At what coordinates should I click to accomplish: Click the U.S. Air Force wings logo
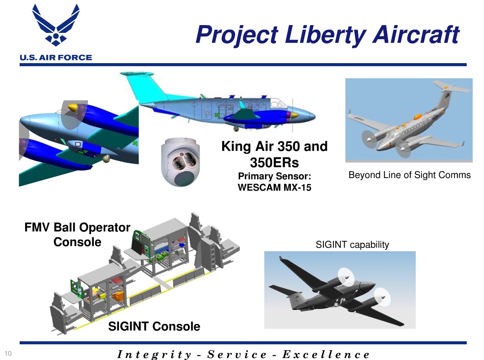point(56,25)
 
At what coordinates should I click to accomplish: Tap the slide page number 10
point(8,354)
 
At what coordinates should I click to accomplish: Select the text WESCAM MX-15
point(274,187)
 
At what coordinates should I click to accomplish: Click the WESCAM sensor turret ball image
point(180,162)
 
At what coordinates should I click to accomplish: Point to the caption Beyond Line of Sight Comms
point(409,175)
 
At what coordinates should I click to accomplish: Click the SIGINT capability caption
point(352,245)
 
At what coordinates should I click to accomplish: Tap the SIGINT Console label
point(154,326)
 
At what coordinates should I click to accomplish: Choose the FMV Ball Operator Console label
point(77,235)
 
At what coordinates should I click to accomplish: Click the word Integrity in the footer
point(154,355)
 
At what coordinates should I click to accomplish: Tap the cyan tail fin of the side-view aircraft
point(144,87)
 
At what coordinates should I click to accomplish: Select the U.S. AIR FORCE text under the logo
point(56,58)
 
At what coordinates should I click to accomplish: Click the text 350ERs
point(274,163)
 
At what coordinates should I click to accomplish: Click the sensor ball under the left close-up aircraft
point(106,159)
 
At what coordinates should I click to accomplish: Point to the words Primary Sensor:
point(274,176)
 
